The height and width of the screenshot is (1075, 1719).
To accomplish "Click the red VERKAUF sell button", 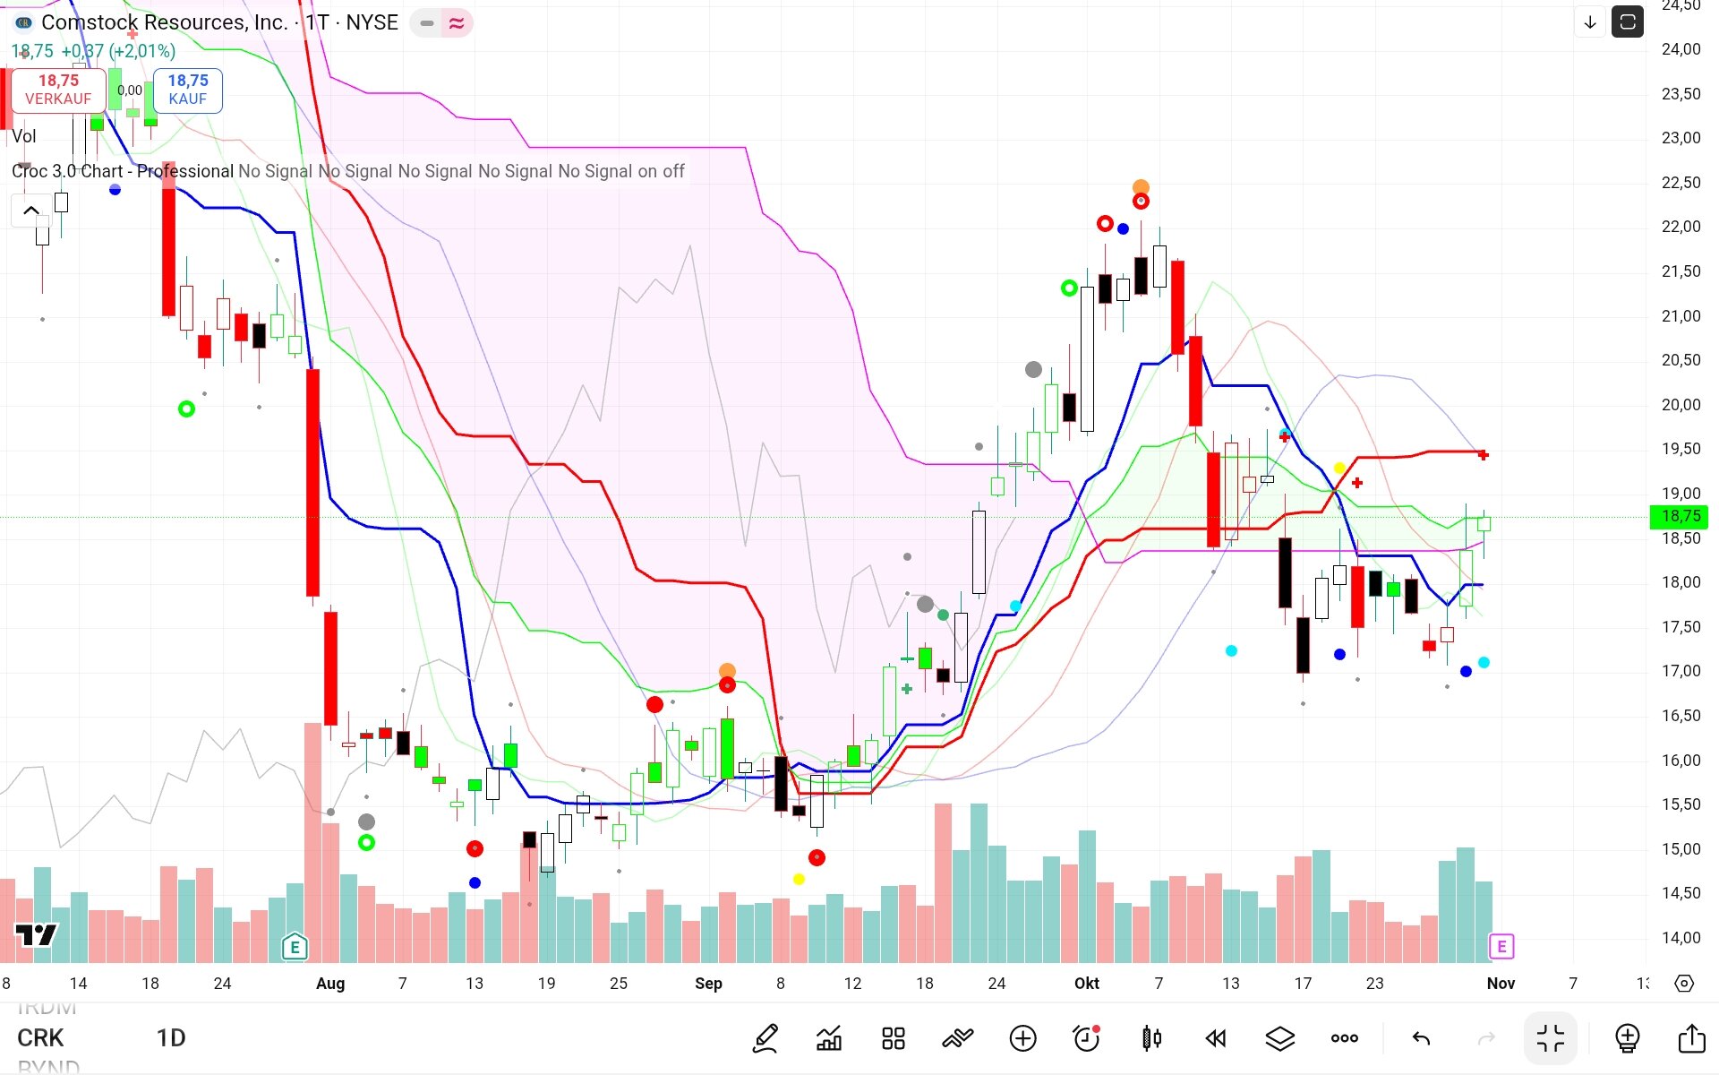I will click(58, 90).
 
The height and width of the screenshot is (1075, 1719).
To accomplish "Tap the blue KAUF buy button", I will click(187, 90).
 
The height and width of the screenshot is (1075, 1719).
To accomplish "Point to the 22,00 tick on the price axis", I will click(1681, 227).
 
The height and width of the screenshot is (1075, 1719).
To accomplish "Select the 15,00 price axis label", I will click(1681, 848).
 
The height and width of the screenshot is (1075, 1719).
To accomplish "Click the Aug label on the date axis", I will click(330, 984).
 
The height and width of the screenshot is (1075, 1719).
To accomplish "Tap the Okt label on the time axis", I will click(1086, 984).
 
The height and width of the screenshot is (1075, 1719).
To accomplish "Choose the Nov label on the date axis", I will click(1501, 984).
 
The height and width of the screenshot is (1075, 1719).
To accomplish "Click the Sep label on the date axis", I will click(708, 984).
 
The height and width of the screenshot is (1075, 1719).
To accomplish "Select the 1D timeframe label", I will click(171, 1038).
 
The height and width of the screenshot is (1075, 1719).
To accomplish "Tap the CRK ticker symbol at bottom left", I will click(40, 1038).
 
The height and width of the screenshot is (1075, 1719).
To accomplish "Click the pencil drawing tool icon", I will click(765, 1038).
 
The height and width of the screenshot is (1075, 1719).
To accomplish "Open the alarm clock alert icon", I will click(1086, 1038).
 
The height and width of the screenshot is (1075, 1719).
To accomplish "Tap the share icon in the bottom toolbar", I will click(1691, 1038).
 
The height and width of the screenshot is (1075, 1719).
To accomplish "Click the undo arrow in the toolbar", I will click(1421, 1038).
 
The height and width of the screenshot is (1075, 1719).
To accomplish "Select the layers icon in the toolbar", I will click(1280, 1038).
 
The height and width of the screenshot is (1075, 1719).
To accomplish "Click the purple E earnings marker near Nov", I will click(1501, 946).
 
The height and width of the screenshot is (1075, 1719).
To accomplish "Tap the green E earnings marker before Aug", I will click(295, 946).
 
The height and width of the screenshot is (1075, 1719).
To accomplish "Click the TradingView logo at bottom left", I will click(37, 935).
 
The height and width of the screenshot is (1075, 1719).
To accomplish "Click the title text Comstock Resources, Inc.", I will click(164, 22).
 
